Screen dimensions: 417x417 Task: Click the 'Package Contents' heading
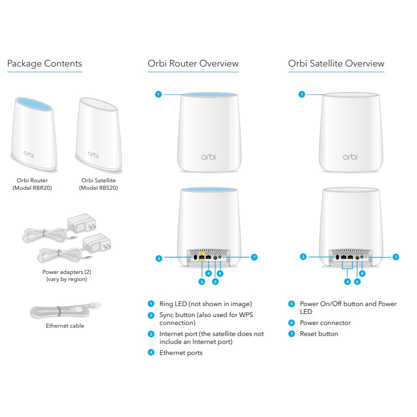click(x=44, y=63)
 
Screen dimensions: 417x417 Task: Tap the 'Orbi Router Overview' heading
click(x=193, y=63)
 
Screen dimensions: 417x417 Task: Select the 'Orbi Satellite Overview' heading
click(x=336, y=63)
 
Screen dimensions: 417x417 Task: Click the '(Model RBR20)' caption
click(x=32, y=188)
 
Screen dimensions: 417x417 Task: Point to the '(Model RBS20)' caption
click(x=98, y=188)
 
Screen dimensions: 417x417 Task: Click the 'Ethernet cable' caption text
click(x=65, y=326)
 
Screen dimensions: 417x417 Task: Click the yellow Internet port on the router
click(x=202, y=257)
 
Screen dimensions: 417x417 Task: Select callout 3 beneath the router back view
click(x=202, y=282)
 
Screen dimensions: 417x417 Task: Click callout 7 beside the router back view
click(x=254, y=257)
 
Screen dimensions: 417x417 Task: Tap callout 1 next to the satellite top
click(x=302, y=94)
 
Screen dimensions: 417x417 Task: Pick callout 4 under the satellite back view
click(x=347, y=282)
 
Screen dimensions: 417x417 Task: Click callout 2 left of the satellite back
click(x=303, y=257)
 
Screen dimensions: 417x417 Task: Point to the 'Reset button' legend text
click(x=319, y=334)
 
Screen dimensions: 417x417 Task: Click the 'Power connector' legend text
click(x=325, y=323)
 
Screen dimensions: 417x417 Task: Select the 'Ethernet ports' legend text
click(x=181, y=353)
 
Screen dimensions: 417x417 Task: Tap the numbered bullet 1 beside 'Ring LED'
click(x=151, y=304)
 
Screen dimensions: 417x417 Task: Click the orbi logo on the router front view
click(x=209, y=157)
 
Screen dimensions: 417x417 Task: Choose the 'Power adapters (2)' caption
click(x=67, y=272)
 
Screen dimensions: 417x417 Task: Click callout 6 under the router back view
click(x=220, y=273)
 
